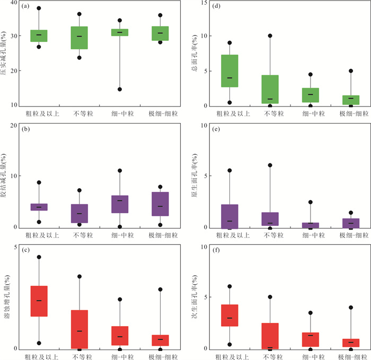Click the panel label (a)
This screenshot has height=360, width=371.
click(x=25, y=6)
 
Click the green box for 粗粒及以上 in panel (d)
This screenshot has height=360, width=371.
click(x=229, y=71)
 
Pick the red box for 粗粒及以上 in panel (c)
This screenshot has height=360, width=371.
click(x=39, y=301)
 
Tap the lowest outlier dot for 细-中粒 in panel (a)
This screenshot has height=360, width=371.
click(x=120, y=89)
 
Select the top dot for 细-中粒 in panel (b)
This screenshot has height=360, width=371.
click(x=120, y=171)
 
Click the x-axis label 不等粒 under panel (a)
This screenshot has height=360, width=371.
click(x=79, y=113)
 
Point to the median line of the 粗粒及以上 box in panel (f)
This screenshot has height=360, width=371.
click(x=229, y=318)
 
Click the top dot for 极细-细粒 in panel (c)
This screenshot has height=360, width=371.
click(x=160, y=289)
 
